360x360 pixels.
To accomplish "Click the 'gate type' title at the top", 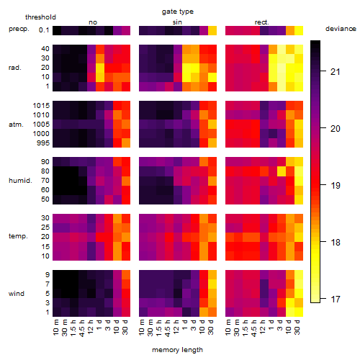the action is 178,12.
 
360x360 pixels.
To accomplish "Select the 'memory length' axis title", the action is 177,350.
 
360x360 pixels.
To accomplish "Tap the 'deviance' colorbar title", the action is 341,29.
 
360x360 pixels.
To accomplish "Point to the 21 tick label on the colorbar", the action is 335,71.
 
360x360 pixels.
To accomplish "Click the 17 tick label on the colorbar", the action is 335,299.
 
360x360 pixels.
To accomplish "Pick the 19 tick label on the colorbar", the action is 335,185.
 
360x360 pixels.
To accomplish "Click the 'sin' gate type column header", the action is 177,22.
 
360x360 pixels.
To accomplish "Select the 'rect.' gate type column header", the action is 261,22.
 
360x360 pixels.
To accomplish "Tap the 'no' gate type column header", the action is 93,22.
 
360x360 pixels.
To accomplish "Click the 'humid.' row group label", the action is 20,180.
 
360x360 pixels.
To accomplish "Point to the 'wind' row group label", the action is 17,293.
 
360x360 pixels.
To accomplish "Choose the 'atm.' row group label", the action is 16,125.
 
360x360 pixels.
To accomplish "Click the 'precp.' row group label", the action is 19,29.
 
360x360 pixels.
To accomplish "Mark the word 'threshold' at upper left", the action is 40,17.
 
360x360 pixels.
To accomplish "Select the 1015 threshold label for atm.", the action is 41,105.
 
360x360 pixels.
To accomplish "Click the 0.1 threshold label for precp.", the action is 44,30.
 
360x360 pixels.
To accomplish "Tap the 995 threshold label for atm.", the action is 43,143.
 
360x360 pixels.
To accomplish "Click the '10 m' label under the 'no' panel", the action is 55,327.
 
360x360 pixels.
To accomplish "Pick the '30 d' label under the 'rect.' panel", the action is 297,327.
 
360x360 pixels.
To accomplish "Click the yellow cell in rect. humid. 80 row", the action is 282,171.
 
